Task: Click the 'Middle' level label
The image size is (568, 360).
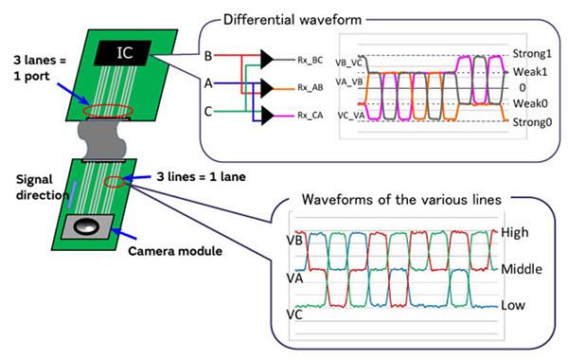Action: click(x=523, y=269)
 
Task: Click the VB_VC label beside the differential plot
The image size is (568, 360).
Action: click(x=349, y=62)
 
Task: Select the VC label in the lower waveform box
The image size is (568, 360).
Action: click(x=295, y=312)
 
